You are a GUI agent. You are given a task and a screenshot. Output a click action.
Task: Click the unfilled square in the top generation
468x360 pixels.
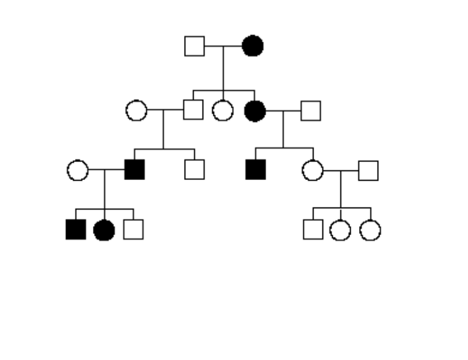[194, 46]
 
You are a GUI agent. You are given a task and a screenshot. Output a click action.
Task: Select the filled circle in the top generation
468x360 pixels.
[253, 46]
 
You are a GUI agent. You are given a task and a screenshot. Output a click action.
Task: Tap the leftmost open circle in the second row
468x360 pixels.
[136, 110]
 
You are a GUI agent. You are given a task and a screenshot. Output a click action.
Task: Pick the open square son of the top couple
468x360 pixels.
[193, 110]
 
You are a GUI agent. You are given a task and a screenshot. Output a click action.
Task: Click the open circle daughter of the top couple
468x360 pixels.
[222, 110]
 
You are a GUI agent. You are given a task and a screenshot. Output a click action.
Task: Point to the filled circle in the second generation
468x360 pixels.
[255, 111]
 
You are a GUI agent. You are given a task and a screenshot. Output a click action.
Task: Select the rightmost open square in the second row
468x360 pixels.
[310, 111]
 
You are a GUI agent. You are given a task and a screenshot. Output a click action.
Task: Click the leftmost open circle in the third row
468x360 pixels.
[77, 170]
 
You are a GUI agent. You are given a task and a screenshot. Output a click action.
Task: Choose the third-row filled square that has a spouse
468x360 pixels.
[134, 170]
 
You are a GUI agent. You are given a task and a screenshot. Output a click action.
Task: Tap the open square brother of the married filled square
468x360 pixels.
[194, 170]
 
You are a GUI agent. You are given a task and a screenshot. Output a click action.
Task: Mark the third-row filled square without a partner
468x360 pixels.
[255, 170]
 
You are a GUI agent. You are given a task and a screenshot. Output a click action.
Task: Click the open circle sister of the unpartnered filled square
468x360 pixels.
[312, 170]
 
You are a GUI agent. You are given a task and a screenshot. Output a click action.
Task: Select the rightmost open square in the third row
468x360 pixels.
[368, 170]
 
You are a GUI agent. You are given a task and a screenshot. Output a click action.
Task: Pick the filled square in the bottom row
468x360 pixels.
[76, 229]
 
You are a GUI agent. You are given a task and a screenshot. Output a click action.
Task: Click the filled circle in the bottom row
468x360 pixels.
[104, 230]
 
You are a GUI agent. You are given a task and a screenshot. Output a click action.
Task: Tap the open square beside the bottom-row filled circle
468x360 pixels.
[133, 229]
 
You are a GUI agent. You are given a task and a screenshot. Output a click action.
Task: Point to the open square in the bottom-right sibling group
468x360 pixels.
[313, 229]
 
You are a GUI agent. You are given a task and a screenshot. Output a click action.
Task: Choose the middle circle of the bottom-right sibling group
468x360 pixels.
[340, 230]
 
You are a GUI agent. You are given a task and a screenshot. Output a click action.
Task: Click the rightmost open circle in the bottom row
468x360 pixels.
[370, 230]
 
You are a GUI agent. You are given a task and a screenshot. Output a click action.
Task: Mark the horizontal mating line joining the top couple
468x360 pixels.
[223, 46]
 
